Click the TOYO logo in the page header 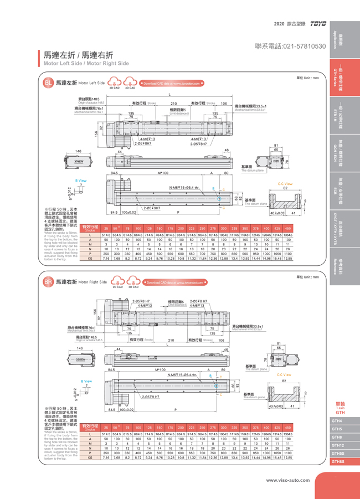318,24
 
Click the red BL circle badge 48,83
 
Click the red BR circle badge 48,282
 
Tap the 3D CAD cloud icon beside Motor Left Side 131,83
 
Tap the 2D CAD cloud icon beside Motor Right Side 118,282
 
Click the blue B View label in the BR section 86,381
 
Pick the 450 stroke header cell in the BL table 287,228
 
